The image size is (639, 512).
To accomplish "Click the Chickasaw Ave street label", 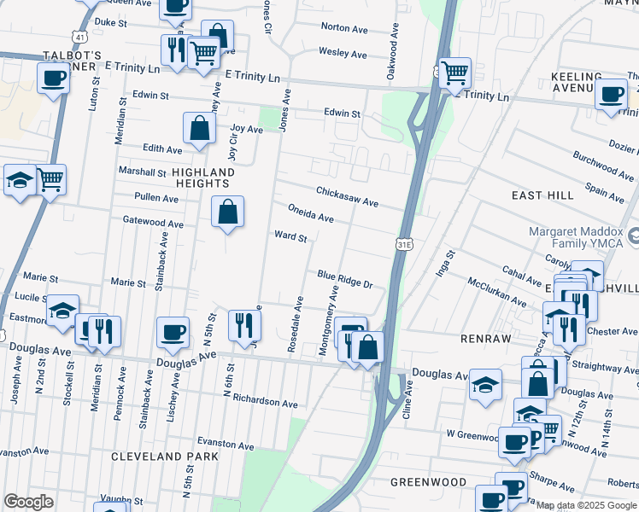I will tap(347, 196).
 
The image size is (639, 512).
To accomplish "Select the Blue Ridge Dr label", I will tap(346, 279).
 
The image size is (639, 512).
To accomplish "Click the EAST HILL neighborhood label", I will tap(543, 195).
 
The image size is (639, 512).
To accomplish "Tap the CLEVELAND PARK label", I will tap(165, 457).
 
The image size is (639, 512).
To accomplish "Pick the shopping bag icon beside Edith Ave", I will tap(199, 129).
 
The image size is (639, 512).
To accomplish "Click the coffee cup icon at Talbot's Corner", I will tap(53, 79).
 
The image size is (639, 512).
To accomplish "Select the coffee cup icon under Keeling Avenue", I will tap(613, 94).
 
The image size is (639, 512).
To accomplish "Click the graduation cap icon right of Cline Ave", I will tap(485, 384).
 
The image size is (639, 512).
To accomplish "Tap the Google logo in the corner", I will tap(28, 502).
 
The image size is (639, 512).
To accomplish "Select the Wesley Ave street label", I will tap(342, 53).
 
